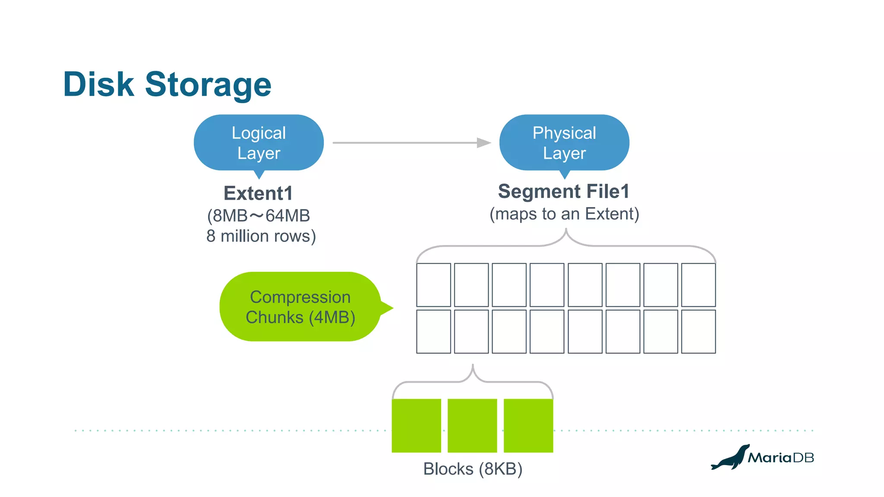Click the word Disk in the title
point(98,84)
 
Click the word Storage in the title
point(208,85)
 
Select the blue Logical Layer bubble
point(259,143)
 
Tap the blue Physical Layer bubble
point(564,143)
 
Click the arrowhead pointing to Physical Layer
point(484,143)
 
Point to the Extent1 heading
point(258,193)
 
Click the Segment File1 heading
point(564,192)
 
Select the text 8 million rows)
point(261,236)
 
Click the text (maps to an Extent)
point(564,214)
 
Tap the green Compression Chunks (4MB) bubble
point(300,307)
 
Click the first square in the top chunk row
point(433,285)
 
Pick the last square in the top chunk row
point(698,285)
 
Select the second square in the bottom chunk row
point(471,331)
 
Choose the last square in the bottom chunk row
point(698,331)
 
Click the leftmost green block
point(416,425)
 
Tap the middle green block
point(472,425)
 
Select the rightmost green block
point(528,425)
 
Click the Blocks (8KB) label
point(473,469)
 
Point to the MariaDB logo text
point(781,458)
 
